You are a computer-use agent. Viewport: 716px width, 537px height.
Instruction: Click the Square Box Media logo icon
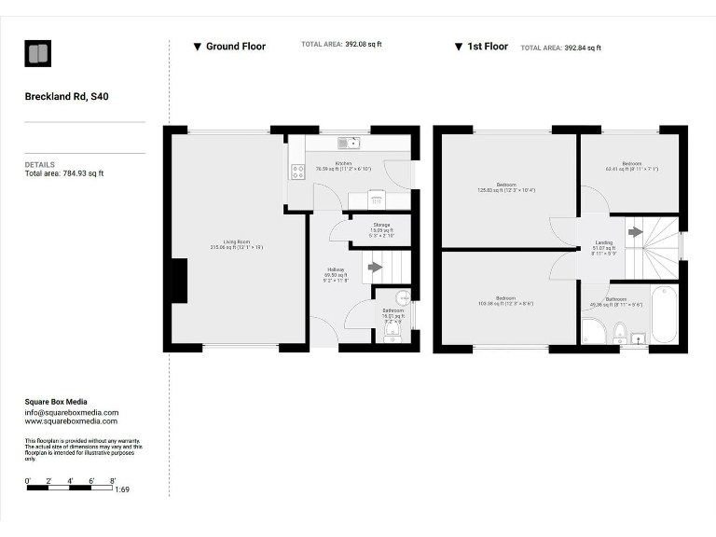[x=38, y=54]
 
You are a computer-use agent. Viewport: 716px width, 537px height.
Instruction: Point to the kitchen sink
[x=350, y=143]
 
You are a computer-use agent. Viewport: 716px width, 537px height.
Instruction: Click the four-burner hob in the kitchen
[x=298, y=172]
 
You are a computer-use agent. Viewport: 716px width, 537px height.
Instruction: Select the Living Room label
[x=237, y=244]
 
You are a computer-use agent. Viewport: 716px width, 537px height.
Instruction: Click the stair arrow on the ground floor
[x=375, y=267]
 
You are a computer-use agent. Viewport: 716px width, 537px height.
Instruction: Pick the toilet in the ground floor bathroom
[x=392, y=329]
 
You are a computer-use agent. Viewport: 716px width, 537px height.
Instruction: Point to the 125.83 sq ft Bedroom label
[x=506, y=186]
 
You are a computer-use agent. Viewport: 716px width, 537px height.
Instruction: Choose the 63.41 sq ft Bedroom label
[x=632, y=166]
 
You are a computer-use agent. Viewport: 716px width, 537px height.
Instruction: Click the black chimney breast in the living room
[x=179, y=281]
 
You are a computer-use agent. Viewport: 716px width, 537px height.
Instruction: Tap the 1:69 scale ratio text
[x=121, y=489]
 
